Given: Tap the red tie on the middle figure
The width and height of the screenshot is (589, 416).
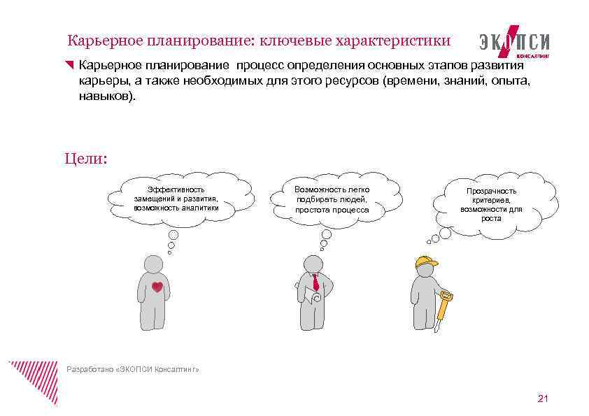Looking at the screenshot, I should click(x=315, y=282).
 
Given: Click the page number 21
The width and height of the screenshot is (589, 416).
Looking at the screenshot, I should click(x=543, y=399).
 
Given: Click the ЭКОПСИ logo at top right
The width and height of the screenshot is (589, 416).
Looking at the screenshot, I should click(x=515, y=41).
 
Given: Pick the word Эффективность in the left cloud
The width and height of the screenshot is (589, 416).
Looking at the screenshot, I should click(x=176, y=189).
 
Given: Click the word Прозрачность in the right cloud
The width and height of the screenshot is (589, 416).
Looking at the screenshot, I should click(x=492, y=191).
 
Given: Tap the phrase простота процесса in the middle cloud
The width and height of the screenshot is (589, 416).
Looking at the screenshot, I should click(x=332, y=209).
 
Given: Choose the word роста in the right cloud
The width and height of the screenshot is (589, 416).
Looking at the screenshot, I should click(x=491, y=218).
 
